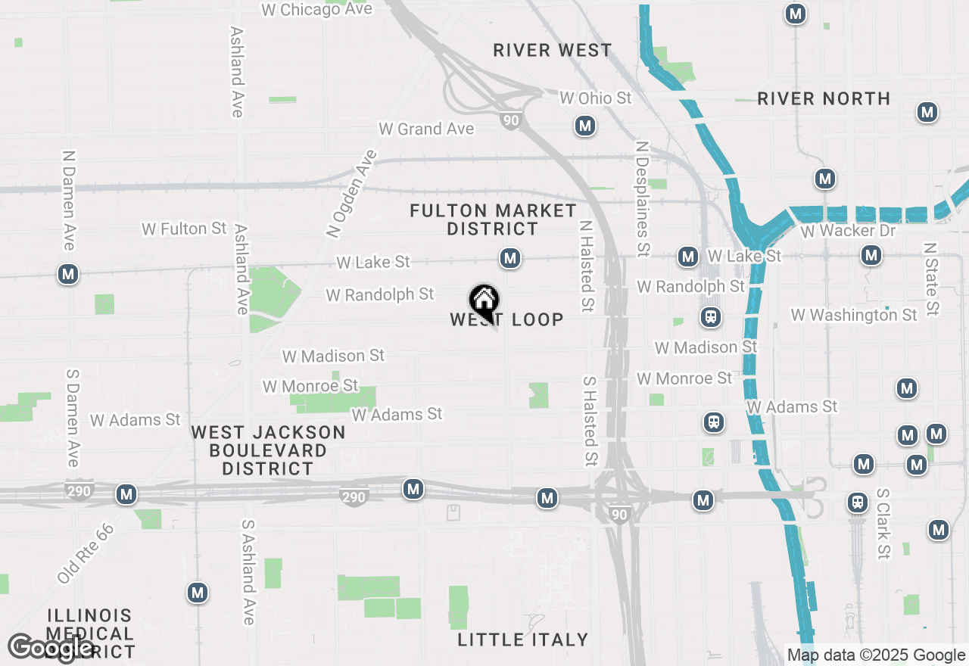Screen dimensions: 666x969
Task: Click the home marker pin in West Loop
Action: [484, 301]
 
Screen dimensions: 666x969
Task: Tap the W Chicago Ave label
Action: [316, 10]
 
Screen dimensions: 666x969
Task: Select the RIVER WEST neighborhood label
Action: [552, 51]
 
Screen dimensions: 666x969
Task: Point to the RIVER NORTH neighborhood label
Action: [824, 99]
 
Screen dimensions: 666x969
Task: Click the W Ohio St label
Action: [595, 98]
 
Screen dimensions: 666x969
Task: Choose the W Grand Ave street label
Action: [426, 129]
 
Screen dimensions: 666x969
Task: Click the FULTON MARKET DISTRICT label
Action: [493, 219]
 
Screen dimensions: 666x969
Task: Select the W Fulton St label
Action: [184, 229]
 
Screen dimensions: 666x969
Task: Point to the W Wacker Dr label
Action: [847, 231]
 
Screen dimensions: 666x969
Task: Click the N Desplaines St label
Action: [643, 198]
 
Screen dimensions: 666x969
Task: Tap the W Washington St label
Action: [853, 315]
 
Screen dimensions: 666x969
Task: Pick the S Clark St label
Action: [883, 524]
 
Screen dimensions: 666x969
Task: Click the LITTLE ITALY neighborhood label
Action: [522, 640]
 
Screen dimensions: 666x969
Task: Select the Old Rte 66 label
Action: [86, 553]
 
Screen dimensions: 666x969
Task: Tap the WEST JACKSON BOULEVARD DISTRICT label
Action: [268, 450]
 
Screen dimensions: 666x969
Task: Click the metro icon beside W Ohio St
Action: [584, 126]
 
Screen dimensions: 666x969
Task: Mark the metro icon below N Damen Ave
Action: [69, 274]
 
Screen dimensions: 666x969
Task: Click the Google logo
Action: [51, 648]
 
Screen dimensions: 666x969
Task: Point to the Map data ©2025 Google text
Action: [876, 655]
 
